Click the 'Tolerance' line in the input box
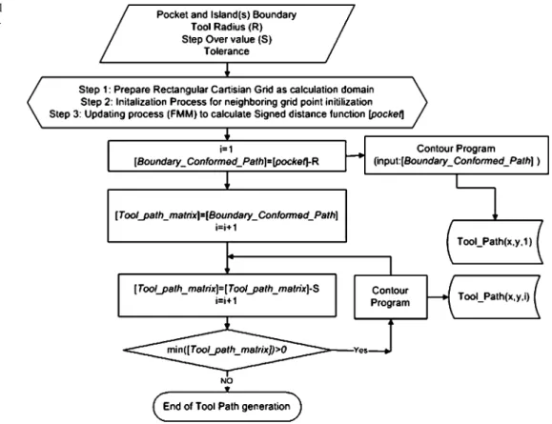pyautogui.click(x=227, y=51)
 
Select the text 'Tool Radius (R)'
pyautogui.click(x=227, y=27)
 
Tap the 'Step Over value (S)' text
pyautogui.click(x=227, y=39)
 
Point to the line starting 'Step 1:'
pyautogui.click(x=226, y=90)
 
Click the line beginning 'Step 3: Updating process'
pyautogui.click(x=226, y=114)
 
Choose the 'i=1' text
pyautogui.click(x=226, y=150)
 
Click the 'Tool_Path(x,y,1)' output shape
pyautogui.click(x=495, y=242)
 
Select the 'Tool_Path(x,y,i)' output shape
pyautogui.click(x=494, y=297)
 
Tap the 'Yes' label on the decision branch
pyautogui.click(x=360, y=351)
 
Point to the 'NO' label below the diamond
pyautogui.click(x=226, y=381)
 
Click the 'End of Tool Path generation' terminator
pyautogui.click(x=228, y=407)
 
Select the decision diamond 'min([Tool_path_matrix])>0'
pyautogui.click(x=227, y=350)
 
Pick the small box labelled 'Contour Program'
pyautogui.click(x=391, y=297)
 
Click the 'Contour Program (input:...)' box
pyautogui.click(x=457, y=154)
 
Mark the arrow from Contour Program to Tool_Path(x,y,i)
pyautogui.click(x=438, y=297)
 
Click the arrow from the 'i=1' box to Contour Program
pyautogui.click(x=356, y=155)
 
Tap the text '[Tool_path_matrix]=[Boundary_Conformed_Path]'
pyautogui.click(x=227, y=215)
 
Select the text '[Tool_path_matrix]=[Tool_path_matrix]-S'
pyautogui.click(x=227, y=289)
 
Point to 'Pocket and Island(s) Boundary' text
pyautogui.click(x=227, y=15)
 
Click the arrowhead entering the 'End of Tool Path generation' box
pyautogui.click(x=227, y=390)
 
